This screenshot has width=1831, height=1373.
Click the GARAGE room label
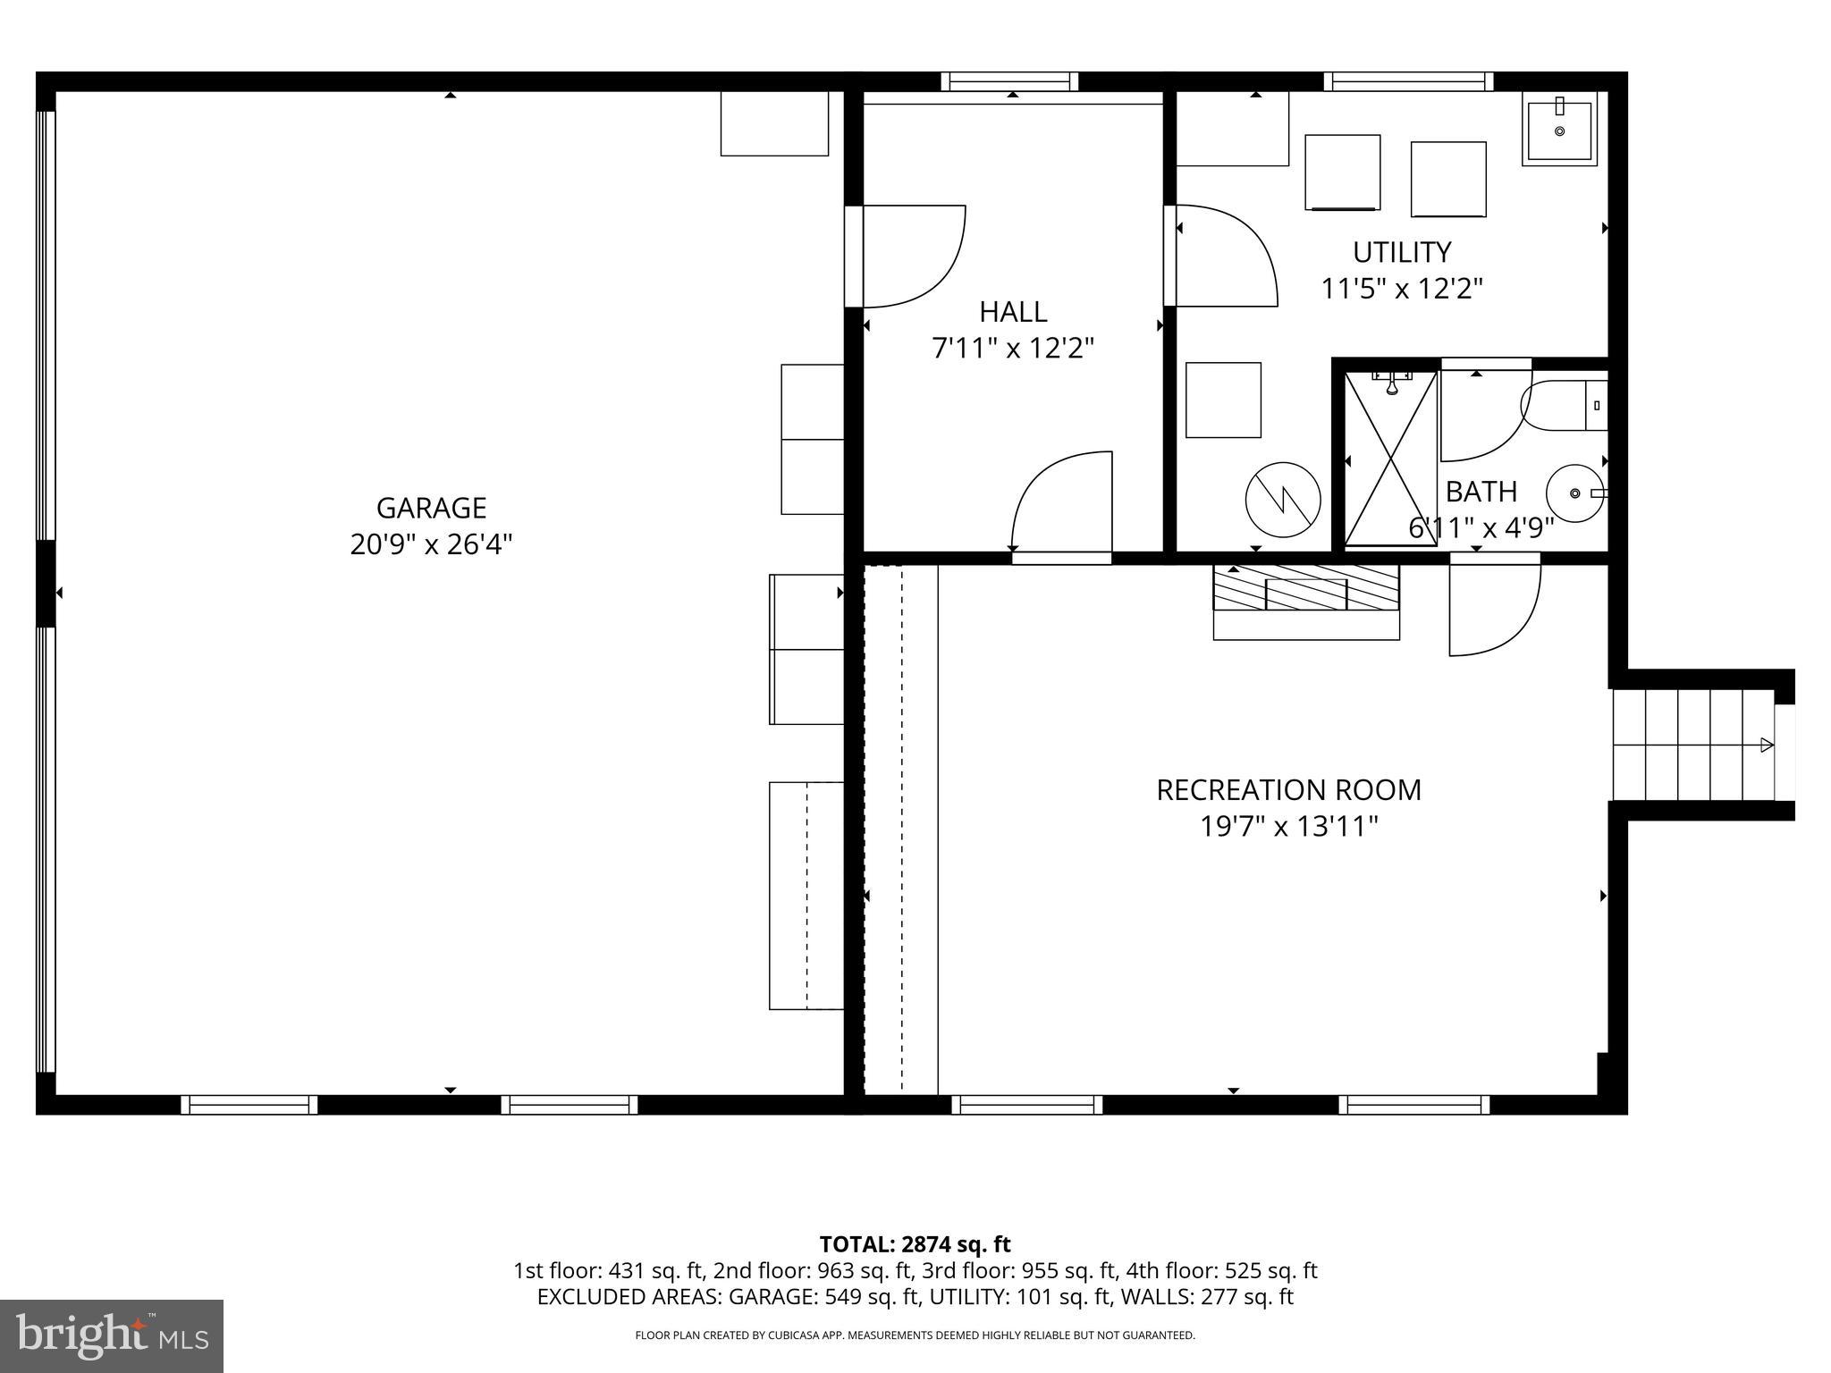click(x=431, y=508)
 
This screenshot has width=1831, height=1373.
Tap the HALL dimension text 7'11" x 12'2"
click(x=1013, y=348)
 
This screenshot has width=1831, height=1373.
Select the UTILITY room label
click(x=1401, y=253)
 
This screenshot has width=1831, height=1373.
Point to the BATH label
click(x=1481, y=492)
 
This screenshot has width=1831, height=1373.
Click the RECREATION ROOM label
click(x=1288, y=790)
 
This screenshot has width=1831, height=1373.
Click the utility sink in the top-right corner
click(x=1559, y=131)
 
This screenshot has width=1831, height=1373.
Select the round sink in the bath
click(x=1575, y=493)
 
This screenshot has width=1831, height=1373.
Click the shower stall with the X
click(x=1390, y=459)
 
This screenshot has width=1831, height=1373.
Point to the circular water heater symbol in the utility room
click(x=1283, y=499)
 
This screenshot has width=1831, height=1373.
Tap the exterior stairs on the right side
click(x=1692, y=745)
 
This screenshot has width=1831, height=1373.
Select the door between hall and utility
click(x=1220, y=256)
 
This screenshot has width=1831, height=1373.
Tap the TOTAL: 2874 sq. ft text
click(x=915, y=1244)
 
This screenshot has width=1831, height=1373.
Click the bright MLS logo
click(x=112, y=1335)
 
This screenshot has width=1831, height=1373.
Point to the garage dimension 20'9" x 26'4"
click(x=431, y=544)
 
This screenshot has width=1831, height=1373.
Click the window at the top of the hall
click(x=1009, y=81)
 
